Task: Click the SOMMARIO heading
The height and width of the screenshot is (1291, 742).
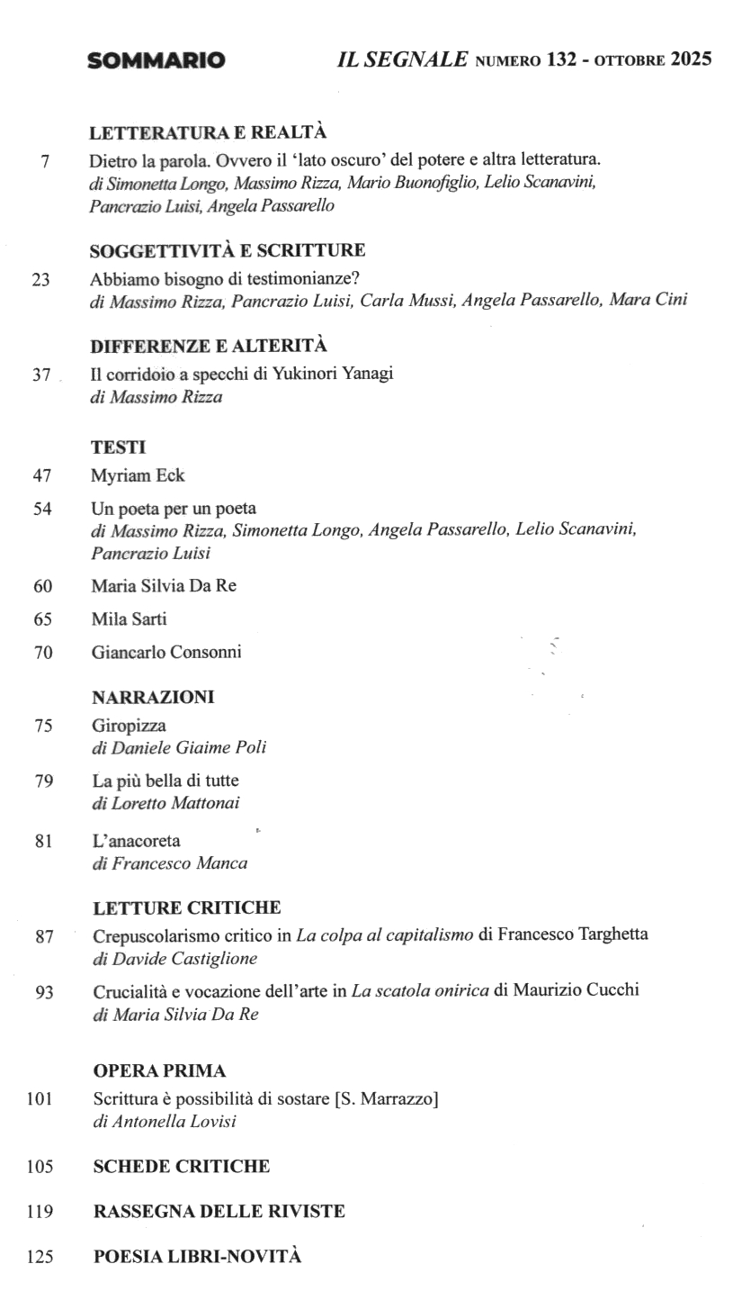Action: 156,61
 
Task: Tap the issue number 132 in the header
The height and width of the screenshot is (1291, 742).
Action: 561,60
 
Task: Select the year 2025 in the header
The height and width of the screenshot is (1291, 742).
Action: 691,60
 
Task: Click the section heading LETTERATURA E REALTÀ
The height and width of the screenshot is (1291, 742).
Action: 208,133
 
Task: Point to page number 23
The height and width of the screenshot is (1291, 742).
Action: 40,279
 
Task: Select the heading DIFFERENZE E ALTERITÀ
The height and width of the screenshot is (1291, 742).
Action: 209,346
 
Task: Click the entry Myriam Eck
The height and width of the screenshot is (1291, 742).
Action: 138,475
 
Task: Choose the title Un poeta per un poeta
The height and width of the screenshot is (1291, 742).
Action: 174,509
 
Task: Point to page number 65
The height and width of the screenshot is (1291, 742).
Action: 42,619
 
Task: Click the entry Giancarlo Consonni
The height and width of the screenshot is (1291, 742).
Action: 166,652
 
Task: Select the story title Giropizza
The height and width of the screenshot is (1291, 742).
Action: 129,725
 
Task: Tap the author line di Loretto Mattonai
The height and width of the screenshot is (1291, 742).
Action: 165,803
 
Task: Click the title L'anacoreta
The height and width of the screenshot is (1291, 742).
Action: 136,841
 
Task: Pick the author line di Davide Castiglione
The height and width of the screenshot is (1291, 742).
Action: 175,959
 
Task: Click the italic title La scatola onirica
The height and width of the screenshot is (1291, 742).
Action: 420,990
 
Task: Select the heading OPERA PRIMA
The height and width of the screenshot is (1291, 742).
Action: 159,1071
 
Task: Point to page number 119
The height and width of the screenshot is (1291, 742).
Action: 40,1212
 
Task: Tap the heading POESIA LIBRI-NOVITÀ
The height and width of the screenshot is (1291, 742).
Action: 198,1257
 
